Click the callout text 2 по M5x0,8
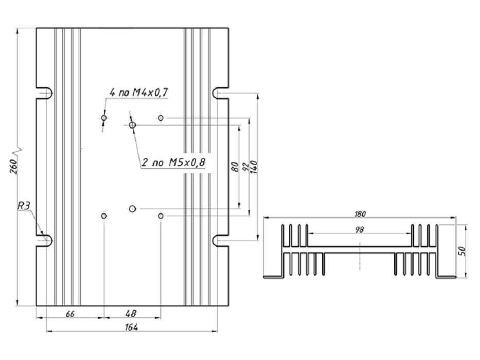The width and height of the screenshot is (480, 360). click(x=173, y=163)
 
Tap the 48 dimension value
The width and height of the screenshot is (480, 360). click(x=131, y=313)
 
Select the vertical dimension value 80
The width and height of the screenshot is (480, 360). click(x=235, y=167)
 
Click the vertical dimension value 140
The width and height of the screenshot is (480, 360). click(x=255, y=166)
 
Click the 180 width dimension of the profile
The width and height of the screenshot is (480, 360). click(x=360, y=213)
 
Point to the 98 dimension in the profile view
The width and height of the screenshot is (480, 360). click(x=360, y=229)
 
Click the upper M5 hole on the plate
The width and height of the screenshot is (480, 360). click(x=132, y=125)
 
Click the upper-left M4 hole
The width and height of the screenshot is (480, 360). click(x=104, y=118)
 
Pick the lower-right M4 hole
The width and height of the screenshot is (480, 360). click(x=161, y=216)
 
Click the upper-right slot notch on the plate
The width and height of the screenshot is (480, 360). click(x=220, y=93)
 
